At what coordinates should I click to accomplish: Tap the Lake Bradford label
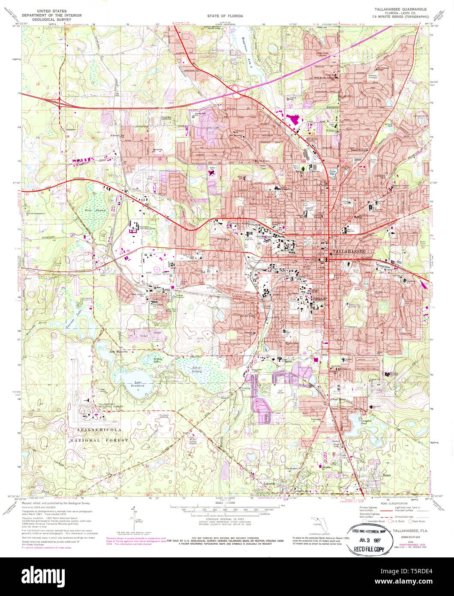[138, 384]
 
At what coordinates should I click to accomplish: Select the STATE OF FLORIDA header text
[225, 16]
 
